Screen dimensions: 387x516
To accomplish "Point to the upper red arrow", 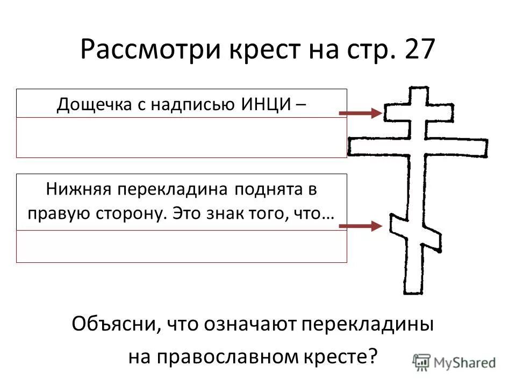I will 361,113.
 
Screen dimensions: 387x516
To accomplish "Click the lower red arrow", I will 361,226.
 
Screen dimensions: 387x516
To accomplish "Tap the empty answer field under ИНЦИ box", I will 181,137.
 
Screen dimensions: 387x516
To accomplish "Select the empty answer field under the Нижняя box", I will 181,246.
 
